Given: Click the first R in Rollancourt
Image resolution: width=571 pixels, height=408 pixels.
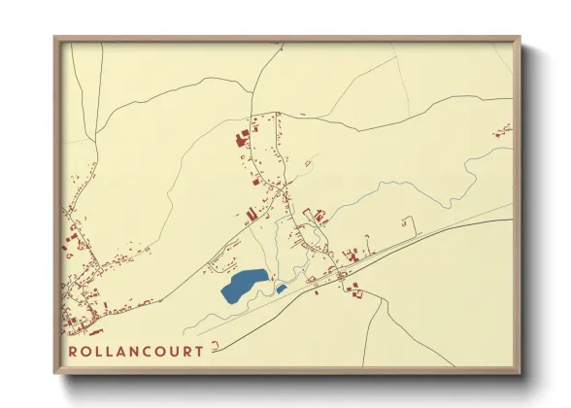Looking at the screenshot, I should pyautogui.click(x=74, y=351).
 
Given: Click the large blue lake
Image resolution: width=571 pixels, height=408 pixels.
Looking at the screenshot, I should pyautogui.click(x=242, y=286).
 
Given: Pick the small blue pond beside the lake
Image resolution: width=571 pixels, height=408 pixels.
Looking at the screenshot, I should pyautogui.click(x=282, y=289).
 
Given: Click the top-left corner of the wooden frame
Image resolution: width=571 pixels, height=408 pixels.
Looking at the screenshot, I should pyautogui.click(x=55, y=39).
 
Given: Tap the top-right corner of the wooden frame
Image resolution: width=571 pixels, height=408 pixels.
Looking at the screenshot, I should pyautogui.click(x=520, y=39).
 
